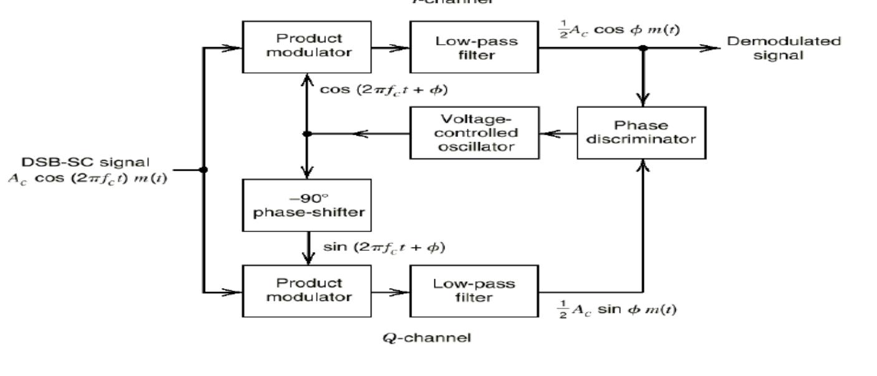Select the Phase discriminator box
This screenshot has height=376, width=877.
point(641,133)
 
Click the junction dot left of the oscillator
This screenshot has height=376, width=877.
point(307,133)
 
